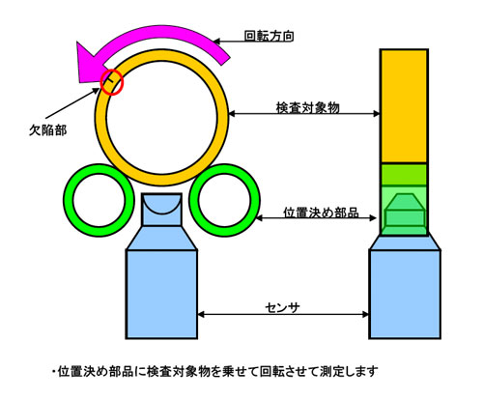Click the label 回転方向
[x=269, y=36]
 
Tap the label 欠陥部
[x=48, y=130]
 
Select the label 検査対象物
[x=308, y=108]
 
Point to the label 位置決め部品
[x=321, y=213]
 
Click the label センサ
[x=282, y=308]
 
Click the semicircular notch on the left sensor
[x=161, y=206]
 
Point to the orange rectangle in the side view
[x=404, y=106]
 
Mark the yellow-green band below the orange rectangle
[x=404, y=175]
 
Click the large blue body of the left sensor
[x=161, y=294]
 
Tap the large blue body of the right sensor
[x=405, y=294]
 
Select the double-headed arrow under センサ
[x=283, y=314]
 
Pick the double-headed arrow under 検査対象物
[x=304, y=113]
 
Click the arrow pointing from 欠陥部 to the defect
[x=72, y=103]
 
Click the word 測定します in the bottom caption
[x=349, y=372]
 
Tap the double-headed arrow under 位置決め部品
[x=316, y=218]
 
